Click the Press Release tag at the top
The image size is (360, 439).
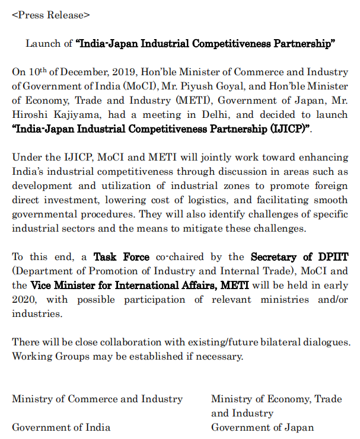click(x=51, y=14)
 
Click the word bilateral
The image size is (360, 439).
click(x=267, y=342)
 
